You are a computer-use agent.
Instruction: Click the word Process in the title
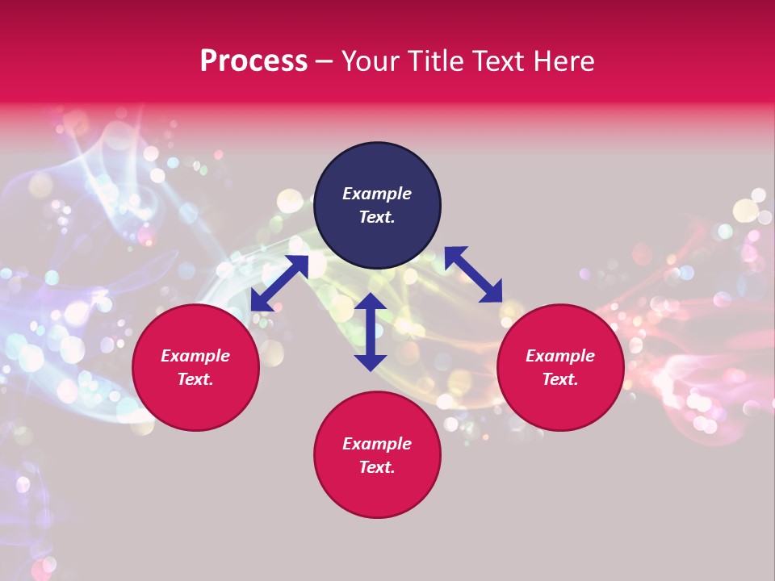click(253, 61)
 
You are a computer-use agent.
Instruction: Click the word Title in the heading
click(434, 61)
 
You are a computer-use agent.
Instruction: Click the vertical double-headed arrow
click(371, 332)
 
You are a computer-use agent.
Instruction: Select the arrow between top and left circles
click(279, 283)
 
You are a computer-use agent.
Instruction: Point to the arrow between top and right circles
click(473, 274)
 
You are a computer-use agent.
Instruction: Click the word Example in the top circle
click(377, 194)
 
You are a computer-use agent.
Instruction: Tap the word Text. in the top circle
click(377, 217)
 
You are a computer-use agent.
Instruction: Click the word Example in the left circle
click(195, 356)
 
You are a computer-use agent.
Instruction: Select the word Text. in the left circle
click(195, 379)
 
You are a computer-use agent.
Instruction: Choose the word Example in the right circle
click(560, 356)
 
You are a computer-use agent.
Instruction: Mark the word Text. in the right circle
click(560, 379)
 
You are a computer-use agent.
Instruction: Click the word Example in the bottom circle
click(377, 444)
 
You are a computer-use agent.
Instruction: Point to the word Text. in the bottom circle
click(377, 467)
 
